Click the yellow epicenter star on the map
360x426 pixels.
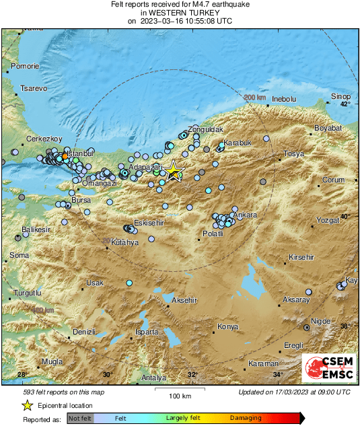point(174,170)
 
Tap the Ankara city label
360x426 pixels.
point(246,215)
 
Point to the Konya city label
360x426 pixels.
point(228,328)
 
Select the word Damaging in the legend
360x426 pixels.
point(246,418)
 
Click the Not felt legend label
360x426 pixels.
point(80,418)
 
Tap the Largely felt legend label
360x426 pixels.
point(184,418)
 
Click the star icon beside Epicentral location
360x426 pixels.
point(27,405)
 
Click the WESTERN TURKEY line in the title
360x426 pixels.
point(180,13)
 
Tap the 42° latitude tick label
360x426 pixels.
point(345,104)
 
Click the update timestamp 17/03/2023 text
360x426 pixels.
point(294,392)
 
